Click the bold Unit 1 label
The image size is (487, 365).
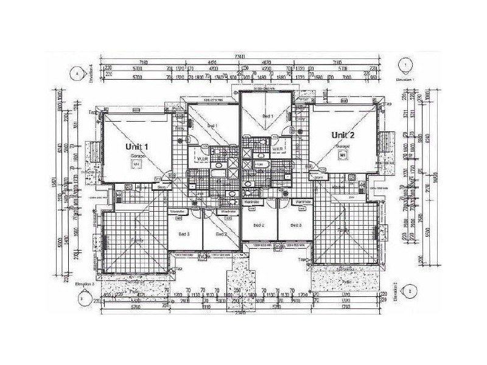coord(136,147)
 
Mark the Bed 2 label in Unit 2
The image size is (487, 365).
coord(259,225)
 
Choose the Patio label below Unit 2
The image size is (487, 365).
coord(346,282)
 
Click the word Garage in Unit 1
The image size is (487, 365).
coord(136,156)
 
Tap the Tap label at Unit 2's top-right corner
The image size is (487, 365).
coord(388,105)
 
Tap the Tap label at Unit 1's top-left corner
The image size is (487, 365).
coord(93,113)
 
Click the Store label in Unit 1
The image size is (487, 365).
coord(163,187)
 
